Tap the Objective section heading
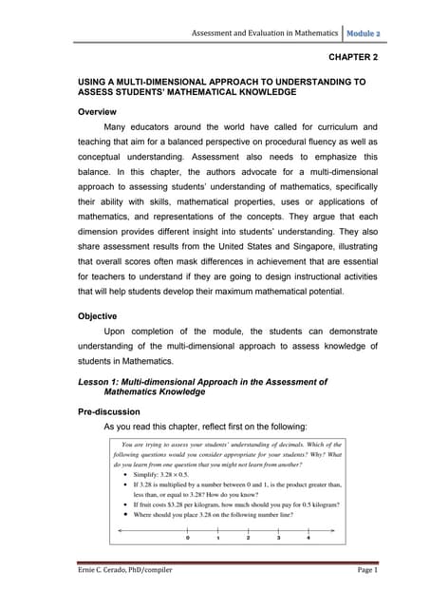click(98, 315)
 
